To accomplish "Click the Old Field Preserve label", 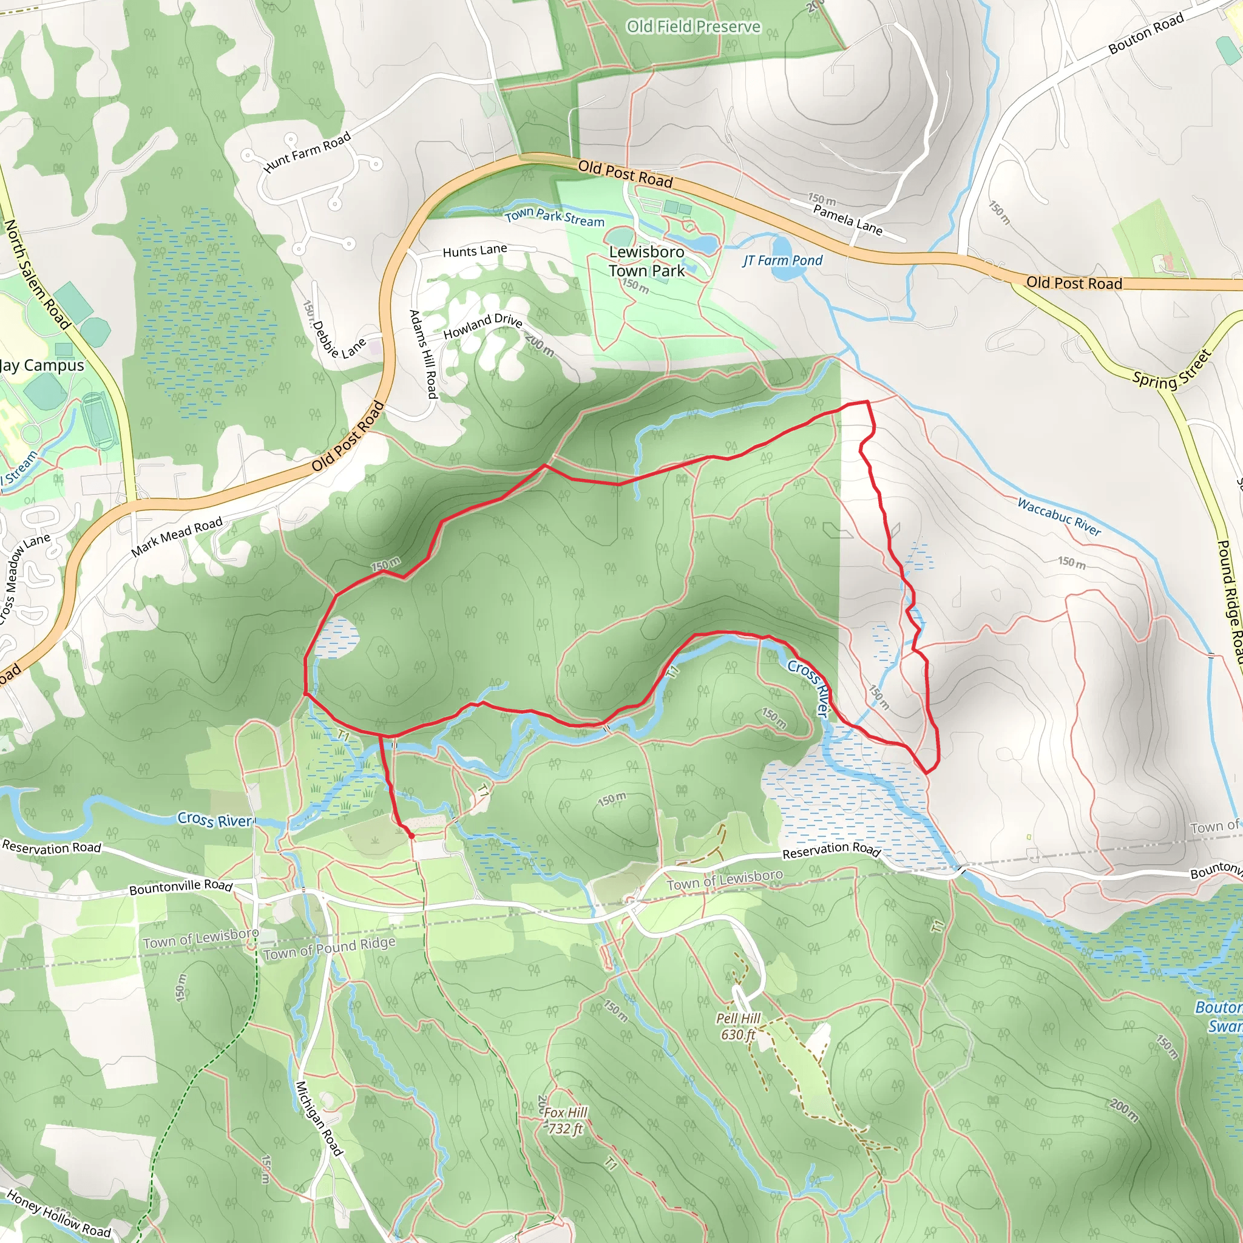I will pyautogui.click(x=693, y=26).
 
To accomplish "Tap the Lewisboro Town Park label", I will pyautogui.click(x=646, y=261).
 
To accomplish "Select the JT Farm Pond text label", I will pyautogui.click(x=782, y=260).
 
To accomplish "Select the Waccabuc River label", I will pyautogui.click(x=1059, y=517).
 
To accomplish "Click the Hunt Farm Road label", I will pyautogui.click(x=307, y=152).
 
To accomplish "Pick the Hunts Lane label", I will pyautogui.click(x=474, y=251).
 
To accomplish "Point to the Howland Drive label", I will pyautogui.click(x=483, y=326).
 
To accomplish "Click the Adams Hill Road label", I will pyautogui.click(x=424, y=354).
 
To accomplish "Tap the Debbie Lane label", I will pyautogui.click(x=339, y=340).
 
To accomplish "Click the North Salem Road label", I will pyautogui.click(x=36, y=274).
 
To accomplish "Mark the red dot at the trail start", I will pyautogui.click(x=411, y=836).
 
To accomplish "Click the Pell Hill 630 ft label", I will pyautogui.click(x=738, y=1026).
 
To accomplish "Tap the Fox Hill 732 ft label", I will pyautogui.click(x=565, y=1120).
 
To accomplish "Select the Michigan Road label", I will pyautogui.click(x=319, y=1117).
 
